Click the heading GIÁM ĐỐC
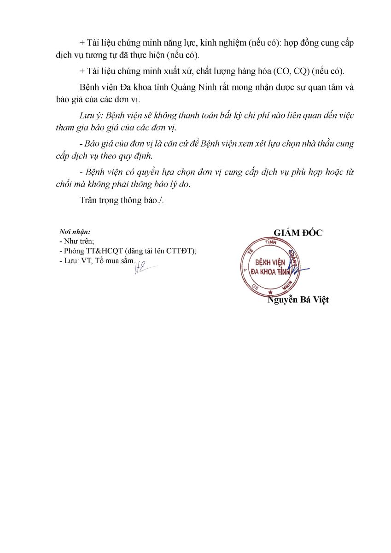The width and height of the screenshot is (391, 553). (298, 233)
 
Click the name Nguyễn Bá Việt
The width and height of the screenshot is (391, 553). (298, 300)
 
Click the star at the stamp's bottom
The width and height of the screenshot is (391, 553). (270, 292)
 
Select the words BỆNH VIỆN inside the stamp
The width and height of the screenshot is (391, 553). (270, 262)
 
